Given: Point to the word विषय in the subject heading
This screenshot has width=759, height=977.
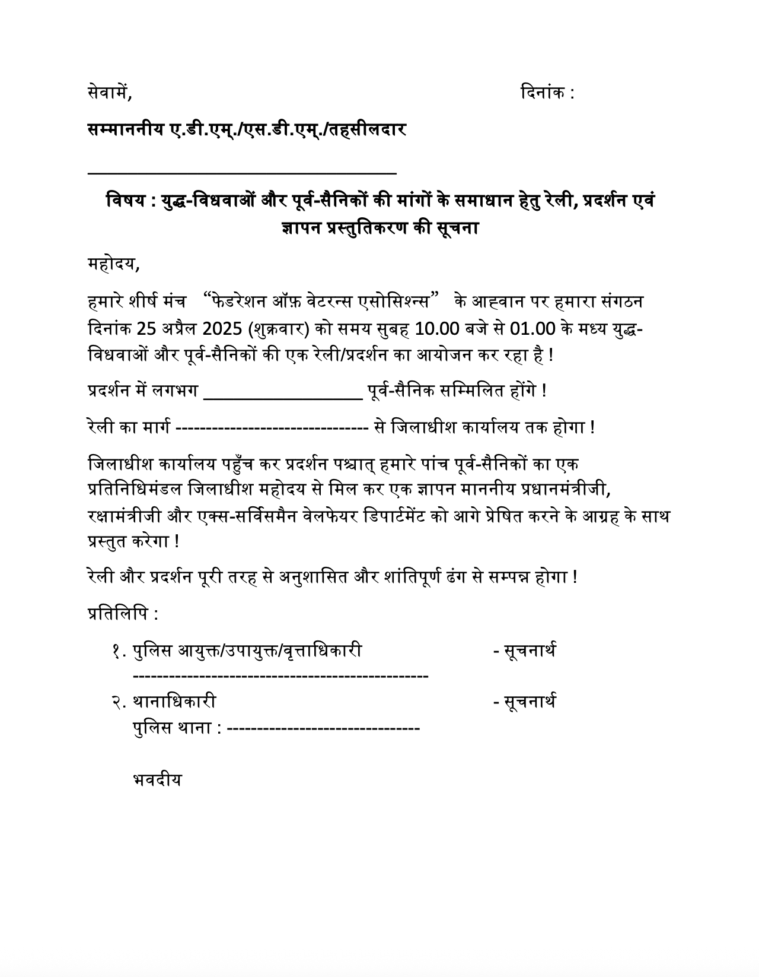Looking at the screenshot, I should click(126, 201).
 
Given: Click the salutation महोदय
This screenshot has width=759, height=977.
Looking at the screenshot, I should click(112, 264).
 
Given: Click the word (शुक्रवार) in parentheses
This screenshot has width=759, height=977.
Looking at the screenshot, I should click(279, 329).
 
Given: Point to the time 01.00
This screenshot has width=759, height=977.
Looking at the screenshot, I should click(532, 329).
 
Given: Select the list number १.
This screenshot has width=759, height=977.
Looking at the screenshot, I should click(118, 651).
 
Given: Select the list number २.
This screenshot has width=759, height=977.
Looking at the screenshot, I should click(118, 702).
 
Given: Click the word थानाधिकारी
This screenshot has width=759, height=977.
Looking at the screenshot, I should click(174, 702).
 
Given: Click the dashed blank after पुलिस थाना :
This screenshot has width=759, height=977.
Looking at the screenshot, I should click(323, 728).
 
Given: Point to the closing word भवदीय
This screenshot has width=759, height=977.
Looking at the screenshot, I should click(157, 780).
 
